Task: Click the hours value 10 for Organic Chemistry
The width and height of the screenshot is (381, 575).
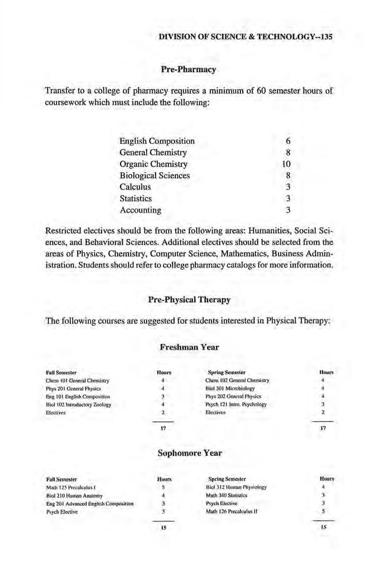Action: coord(287,164)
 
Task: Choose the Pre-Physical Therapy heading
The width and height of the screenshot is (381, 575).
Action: coord(189,300)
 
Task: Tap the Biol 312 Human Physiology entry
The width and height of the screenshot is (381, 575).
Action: coord(236,487)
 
